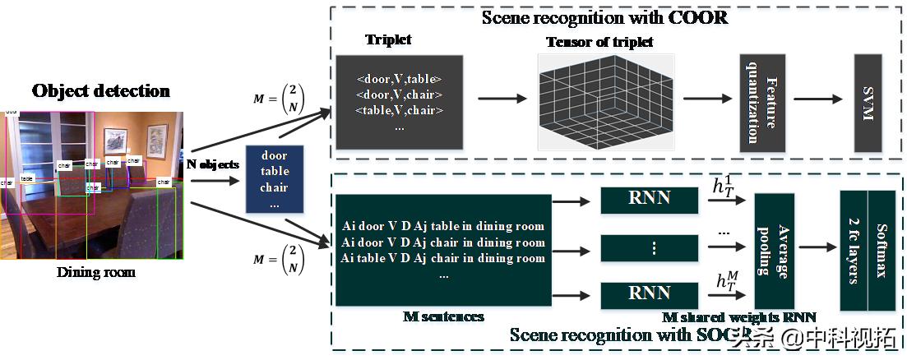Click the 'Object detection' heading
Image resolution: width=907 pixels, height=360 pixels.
[101, 90]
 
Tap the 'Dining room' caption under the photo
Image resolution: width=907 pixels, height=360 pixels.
[96, 272]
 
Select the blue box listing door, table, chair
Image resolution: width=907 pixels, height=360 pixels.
[274, 180]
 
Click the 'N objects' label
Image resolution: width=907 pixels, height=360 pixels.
[213, 164]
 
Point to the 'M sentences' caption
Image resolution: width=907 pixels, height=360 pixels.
[443, 316]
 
